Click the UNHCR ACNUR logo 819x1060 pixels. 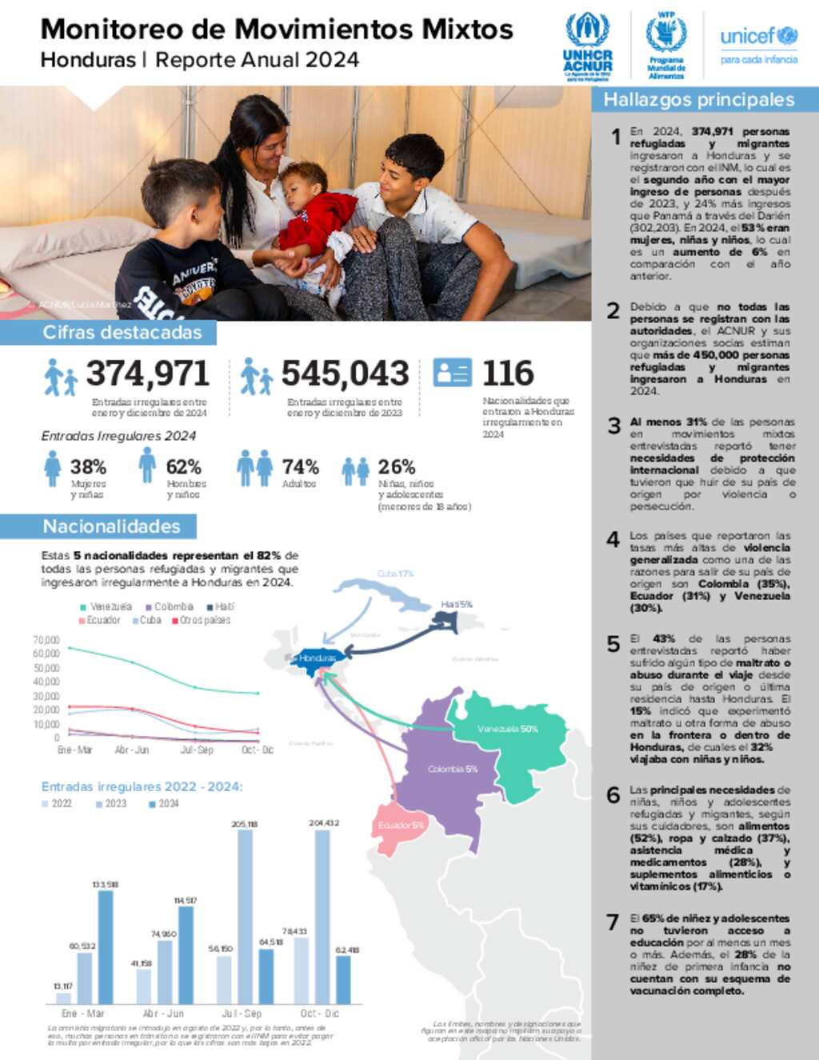coord(587,46)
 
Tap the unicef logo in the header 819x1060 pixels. coord(758,44)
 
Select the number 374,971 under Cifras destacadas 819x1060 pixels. coord(148,374)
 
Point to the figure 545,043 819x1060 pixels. coord(345,374)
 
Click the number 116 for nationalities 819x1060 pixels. coord(508,374)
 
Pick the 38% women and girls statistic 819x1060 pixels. coord(88,467)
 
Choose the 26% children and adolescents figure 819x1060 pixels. coord(397,467)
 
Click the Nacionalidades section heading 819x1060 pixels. coord(111,526)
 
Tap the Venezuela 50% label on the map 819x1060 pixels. coord(507,729)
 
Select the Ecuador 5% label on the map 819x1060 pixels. coord(401,825)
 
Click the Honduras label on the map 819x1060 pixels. coord(318,658)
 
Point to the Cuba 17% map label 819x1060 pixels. coord(395,574)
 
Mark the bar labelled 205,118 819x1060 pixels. coord(245,916)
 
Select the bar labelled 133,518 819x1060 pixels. coord(105,946)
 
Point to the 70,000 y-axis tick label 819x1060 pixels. coord(46,640)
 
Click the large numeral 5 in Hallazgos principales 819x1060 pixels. coord(613,644)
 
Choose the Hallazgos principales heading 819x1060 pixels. coord(698,100)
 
